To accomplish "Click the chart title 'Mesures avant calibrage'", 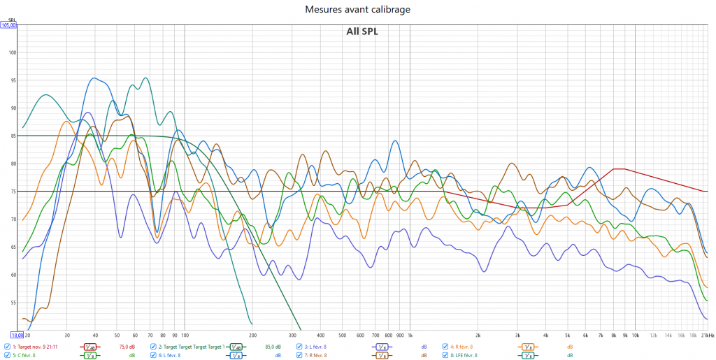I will point(357,10).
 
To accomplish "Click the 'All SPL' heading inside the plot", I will point(361,31).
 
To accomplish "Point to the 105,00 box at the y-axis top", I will point(8,25).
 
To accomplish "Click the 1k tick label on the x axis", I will point(410,336).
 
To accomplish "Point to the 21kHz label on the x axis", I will point(706,336).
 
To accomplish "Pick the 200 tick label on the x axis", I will point(252,336).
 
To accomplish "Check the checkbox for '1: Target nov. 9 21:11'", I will point(7,346).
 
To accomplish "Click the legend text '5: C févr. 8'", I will point(24,355).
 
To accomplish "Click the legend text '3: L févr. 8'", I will point(315,346).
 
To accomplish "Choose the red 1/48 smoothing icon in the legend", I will point(89,346).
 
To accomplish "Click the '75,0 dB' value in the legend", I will point(127,346).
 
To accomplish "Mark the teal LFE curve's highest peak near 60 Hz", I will point(145,78).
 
